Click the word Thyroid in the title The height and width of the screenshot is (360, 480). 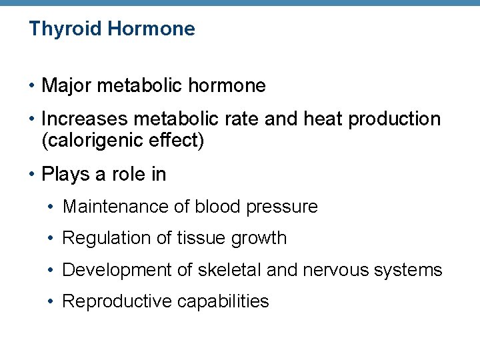coord(65,29)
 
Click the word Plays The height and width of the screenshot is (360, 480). coord(64,175)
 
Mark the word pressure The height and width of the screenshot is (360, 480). coord(282,207)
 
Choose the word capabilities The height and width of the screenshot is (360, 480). coord(223,302)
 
